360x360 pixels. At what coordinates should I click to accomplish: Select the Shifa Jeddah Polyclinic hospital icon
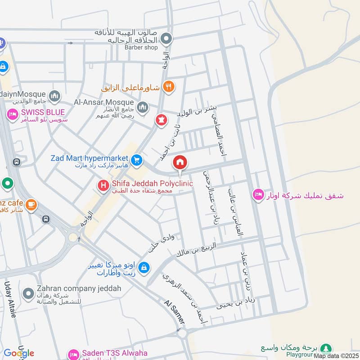[103, 184]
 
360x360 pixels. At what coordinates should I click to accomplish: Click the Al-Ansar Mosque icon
[143, 107]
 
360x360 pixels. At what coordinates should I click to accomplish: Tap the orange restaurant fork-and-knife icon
[169, 87]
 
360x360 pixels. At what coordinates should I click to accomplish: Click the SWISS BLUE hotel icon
[12, 115]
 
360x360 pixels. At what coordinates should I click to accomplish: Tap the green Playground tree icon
[327, 348]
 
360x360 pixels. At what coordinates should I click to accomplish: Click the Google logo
[18, 353]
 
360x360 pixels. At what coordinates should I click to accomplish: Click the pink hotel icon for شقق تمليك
[258, 194]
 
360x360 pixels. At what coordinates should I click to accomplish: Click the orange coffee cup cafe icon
[31, 205]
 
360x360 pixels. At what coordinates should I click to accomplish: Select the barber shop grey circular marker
[167, 38]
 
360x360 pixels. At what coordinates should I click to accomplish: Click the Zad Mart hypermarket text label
[90, 158]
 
